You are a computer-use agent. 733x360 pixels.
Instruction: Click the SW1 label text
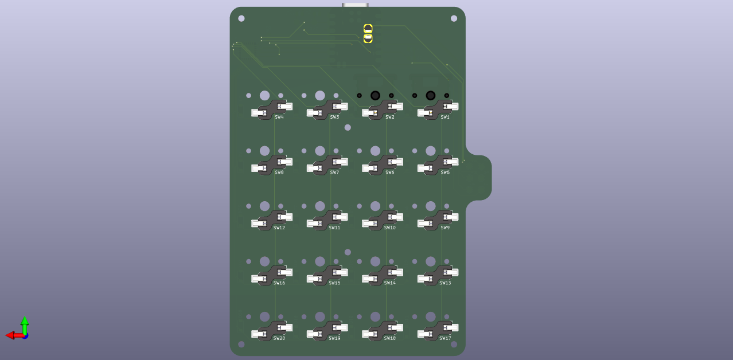click(x=445, y=117)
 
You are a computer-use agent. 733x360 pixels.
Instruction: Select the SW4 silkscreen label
click(x=279, y=117)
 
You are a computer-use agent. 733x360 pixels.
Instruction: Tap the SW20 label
click(x=279, y=338)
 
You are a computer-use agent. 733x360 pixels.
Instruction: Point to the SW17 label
click(x=445, y=338)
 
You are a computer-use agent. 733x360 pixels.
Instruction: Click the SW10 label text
click(x=390, y=228)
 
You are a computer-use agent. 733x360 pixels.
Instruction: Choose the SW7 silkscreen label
click(x=334, y=173)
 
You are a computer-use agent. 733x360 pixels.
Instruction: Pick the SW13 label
click(x=445, y=283)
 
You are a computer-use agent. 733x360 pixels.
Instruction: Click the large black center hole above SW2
click(x=375, y=96)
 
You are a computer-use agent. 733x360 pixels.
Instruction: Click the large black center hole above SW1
click(x=431, y=96)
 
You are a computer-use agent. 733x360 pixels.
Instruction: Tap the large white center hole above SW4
click(x=265, y=96)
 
